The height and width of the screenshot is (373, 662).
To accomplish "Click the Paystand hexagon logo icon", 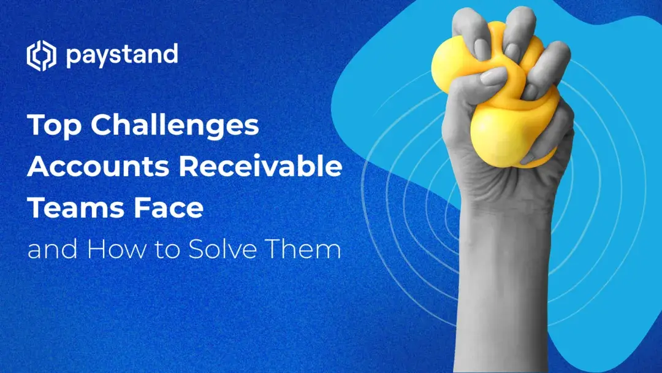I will click(x=41, y=56).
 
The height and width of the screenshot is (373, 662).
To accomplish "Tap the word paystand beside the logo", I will click(x=121, y=55).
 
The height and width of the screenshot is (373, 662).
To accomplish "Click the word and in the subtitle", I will click(x=49, y=250).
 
